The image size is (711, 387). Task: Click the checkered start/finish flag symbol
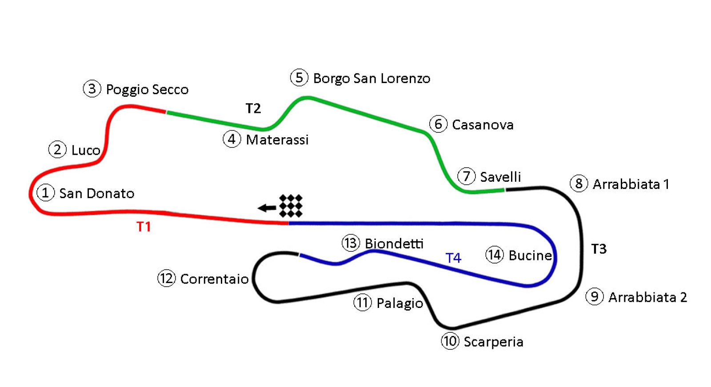coord(291,206)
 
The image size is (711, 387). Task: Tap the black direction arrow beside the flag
coord(267,207)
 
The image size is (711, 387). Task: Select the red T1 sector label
coord(144,227)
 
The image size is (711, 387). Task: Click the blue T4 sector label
coord(453,258)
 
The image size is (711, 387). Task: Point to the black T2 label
coord(253,108)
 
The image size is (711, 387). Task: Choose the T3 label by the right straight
coord(599,249)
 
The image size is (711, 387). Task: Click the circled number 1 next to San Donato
coord(45,193)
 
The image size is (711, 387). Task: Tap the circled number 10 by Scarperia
coord(450,341)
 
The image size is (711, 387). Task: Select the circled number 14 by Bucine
coord(494,255)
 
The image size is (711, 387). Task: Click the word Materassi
coord(277,140)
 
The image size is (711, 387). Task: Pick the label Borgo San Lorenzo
coord(371,79)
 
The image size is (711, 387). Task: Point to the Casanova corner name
coord(483,125)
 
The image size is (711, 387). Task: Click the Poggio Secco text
coord(147,90)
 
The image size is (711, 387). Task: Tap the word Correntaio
coord(214,279)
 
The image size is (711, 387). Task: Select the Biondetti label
coord(394,243)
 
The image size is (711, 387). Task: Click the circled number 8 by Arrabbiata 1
coord(579,184)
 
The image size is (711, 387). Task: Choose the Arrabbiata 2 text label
coord(647,297)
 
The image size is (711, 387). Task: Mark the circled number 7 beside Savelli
coord(466,176)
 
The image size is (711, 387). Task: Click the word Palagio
coord(399,303)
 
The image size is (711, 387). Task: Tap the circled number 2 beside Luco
coord(57,150)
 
